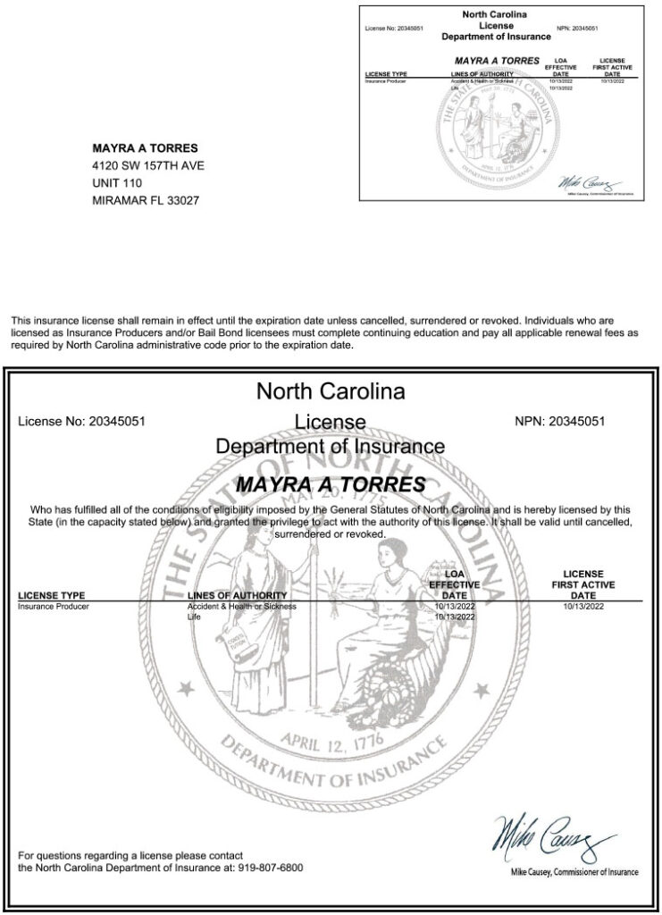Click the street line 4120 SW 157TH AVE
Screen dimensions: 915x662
tap(147, 165)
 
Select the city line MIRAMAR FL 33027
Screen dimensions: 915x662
tap(146, 201)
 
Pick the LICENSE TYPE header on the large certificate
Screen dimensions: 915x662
tap(52, 595)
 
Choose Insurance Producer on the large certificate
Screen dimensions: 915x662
tap(54, 607)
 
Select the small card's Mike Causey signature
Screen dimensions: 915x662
tap(588, 183)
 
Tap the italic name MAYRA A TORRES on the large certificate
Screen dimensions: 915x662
tap(331, 484)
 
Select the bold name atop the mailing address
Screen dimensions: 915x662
tap(145, 147)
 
